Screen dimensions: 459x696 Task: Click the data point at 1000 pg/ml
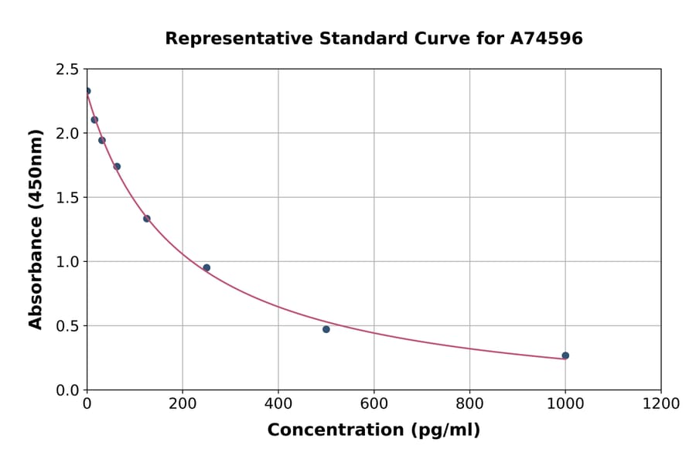[565, 355]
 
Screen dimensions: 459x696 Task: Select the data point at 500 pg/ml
[326, 329]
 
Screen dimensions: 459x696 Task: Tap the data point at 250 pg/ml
[206, 268]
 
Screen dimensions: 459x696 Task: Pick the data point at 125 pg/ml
[147, 219]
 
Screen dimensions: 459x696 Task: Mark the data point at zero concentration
[87, 91]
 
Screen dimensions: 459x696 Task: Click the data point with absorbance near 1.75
[117, 166]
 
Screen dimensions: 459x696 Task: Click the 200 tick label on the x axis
[183, 404]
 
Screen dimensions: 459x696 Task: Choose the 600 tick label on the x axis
[374, 404]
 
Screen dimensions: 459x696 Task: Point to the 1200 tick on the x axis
[661, 404]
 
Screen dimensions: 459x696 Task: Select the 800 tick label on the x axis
[469, 404]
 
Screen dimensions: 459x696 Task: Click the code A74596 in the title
[546, 39]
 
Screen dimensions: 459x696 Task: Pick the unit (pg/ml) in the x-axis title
[444, 430]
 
